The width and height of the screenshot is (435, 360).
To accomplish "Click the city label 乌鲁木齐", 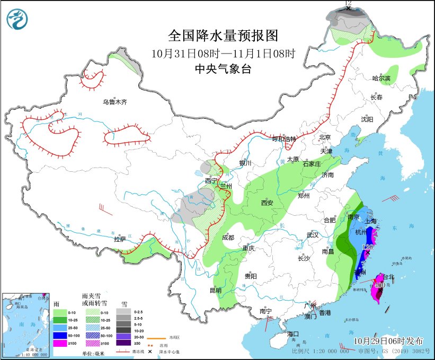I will click(116, 102).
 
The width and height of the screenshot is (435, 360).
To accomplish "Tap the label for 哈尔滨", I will click(380, 78).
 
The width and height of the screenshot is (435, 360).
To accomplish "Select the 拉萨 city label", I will click(120, 239).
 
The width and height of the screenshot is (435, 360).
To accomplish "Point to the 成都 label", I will click(228, 238).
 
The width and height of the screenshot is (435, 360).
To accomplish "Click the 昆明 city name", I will click(216, 290).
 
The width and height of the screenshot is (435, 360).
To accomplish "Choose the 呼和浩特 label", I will click(285, 139).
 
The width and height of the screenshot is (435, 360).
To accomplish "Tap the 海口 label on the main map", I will click(294, 334).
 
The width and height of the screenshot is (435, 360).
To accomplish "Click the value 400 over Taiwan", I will click(379, 285).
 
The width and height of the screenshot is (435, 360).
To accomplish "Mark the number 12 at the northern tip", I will click(348, 4).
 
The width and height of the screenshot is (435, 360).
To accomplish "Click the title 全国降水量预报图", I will click(223, 36).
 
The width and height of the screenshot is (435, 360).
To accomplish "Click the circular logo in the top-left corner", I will click(17, 19).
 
